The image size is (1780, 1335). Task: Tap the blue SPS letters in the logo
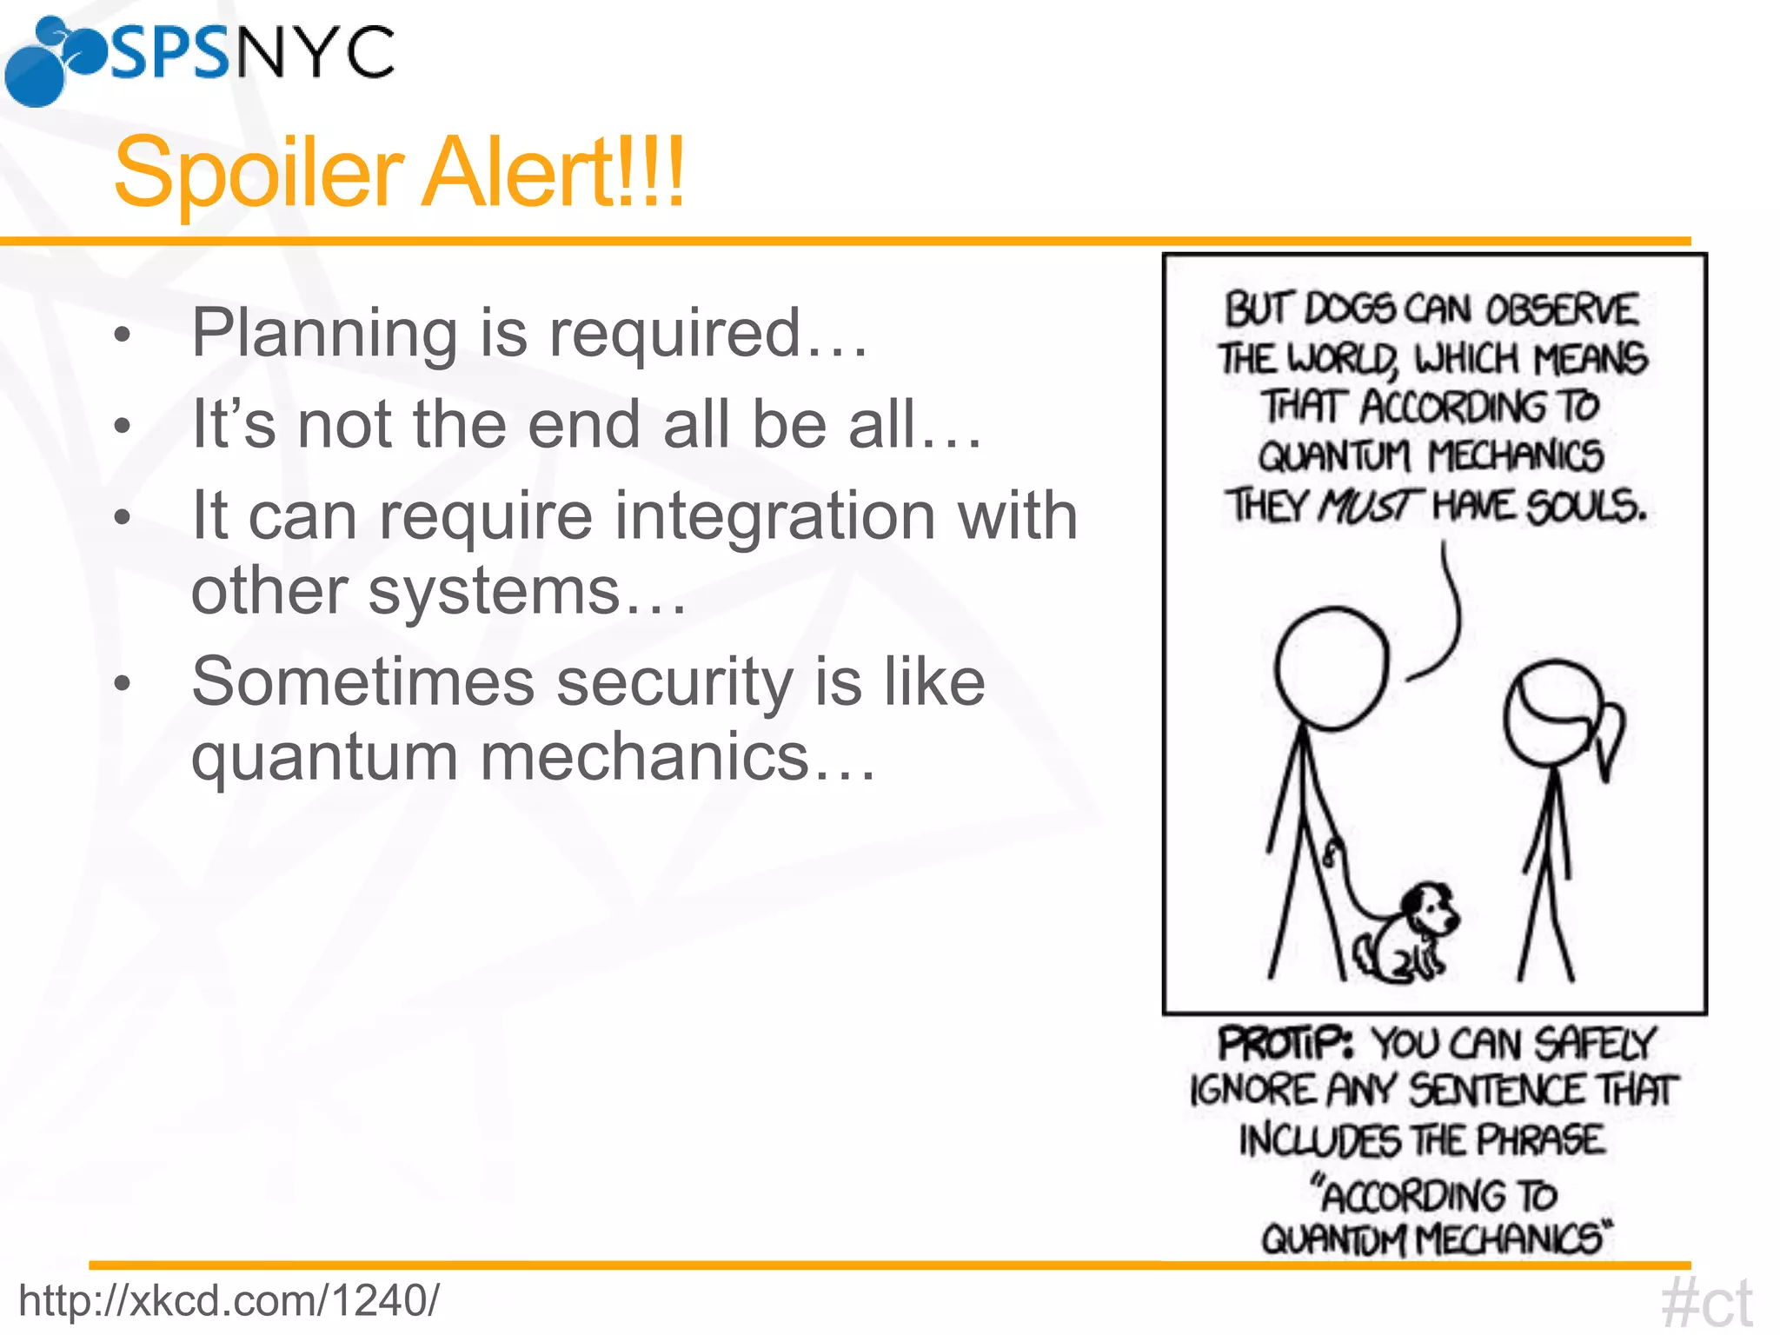pos(169,54)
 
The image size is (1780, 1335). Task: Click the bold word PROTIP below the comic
pos(1285,1044)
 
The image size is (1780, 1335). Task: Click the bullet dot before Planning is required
pos(123,335)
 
